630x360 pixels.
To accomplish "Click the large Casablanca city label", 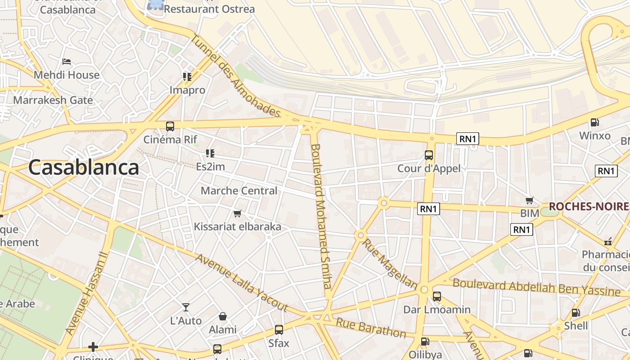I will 84,167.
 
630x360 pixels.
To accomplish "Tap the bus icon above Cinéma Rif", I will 170,126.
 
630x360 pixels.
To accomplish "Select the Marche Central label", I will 239,191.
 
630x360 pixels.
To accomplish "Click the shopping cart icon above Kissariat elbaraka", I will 237,213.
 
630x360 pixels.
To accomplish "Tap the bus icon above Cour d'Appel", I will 429,155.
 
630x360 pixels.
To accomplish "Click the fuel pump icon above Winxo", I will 594,122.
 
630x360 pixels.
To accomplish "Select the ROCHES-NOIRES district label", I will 589,207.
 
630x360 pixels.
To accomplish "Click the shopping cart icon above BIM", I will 530,200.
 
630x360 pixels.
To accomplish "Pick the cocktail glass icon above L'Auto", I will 185,307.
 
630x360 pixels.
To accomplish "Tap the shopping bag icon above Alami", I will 222,316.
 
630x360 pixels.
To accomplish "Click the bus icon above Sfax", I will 279,330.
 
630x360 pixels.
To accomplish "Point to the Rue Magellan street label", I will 390,264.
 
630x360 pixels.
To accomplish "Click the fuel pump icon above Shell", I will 576,313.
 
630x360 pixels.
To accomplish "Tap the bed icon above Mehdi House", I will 67,61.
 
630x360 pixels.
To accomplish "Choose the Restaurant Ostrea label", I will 209,9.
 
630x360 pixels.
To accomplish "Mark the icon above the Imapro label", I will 187,77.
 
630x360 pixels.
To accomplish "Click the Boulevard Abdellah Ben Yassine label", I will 536,287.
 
